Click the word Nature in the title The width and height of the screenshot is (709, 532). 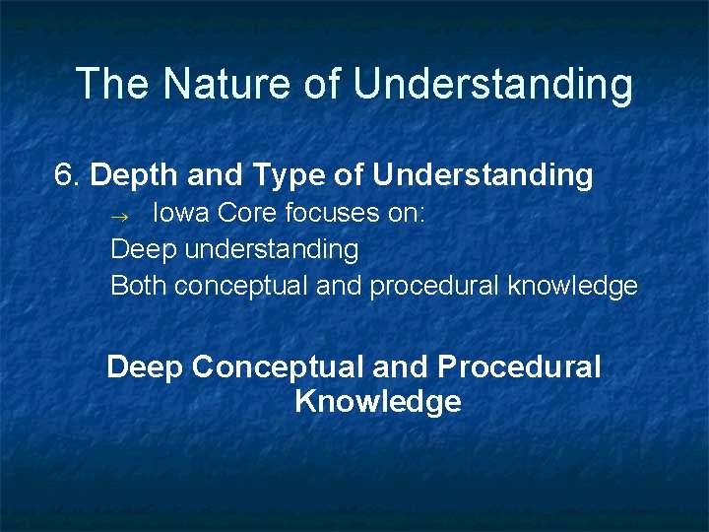pos(227,84)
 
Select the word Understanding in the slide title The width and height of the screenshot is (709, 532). pos(492,86)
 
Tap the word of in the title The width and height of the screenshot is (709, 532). pos(322,84)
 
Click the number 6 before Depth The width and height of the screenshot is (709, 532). pos(65,175)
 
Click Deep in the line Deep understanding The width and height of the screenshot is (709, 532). pos(144,250)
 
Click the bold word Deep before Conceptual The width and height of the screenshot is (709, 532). pos(146,367)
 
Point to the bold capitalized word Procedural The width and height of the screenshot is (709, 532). pos(519,367)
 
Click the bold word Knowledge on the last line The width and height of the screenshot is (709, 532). pos(377,402)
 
